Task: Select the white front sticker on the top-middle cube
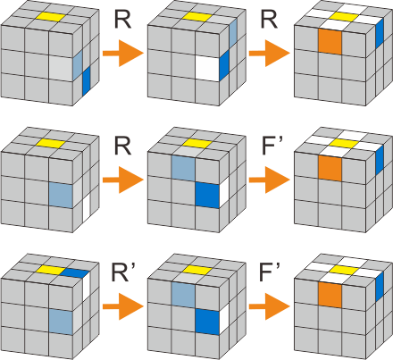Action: click(206, 69)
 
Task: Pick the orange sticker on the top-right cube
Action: click(329, 42)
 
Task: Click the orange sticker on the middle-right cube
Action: click(329, 166)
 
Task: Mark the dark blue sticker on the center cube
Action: click(206, 195)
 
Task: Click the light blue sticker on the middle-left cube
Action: click(61, 195)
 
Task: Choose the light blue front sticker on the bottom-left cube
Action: click(61, 322)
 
